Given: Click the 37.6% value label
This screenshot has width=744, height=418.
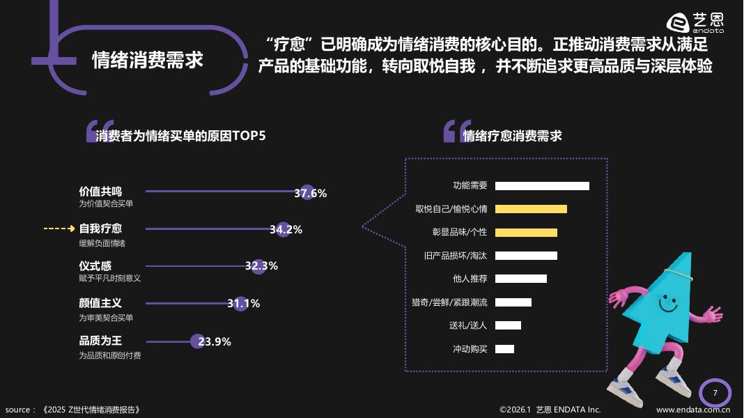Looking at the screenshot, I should (x=310, y=193).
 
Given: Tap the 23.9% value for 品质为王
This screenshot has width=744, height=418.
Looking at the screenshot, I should (x=215, y=341).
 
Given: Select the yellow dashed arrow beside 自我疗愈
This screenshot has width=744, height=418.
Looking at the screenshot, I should (x=59, y=229).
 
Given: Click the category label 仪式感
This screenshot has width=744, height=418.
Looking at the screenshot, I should (x=95, y=266).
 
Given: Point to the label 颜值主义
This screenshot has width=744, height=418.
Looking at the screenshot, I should (x=100, y=304).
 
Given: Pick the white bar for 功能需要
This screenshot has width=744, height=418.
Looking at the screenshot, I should (x=542, y=186).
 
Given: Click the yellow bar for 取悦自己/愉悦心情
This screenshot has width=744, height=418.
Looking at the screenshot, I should (x=531, y=209).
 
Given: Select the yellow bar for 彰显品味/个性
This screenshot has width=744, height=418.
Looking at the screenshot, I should (x=526, y=233).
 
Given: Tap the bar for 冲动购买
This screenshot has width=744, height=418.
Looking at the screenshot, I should (x=504, y=349).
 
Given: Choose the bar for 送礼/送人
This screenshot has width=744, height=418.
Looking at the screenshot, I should (x=508, y=325).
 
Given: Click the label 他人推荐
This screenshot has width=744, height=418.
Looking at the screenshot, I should (x=470, y=279).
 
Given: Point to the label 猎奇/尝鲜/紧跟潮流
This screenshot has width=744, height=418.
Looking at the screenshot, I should (x=449, y=302).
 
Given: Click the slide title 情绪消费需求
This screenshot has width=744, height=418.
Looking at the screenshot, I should (x=148, y=60).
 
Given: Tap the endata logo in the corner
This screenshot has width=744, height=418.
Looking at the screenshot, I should (x=695, y=23).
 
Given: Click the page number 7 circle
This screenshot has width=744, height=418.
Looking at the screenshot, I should (x=715, y=394).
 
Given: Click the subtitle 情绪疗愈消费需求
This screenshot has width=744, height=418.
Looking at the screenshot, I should (x=512, y=136).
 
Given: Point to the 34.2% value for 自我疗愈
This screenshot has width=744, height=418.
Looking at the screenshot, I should (x=286, y=229).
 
